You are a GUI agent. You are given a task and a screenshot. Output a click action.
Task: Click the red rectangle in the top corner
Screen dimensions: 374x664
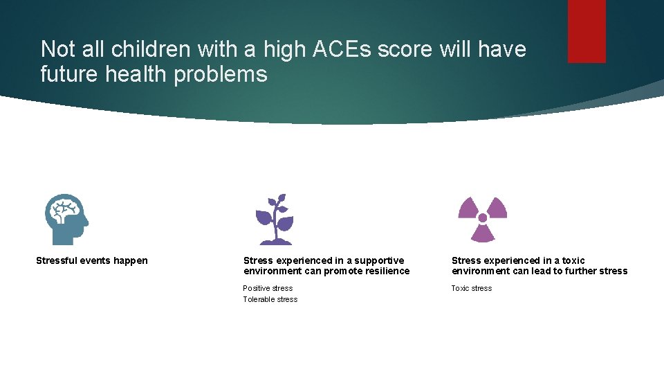[587, 30]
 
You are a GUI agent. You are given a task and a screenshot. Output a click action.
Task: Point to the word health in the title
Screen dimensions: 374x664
[136, 73]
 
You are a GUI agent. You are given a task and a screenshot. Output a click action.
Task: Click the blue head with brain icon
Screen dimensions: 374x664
[66, 219]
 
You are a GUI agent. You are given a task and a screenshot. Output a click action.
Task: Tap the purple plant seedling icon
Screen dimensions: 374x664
[275, 219]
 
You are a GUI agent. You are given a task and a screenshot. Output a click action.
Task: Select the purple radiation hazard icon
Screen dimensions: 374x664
[483, 219]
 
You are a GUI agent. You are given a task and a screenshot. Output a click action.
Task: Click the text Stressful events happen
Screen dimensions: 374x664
[92, 260]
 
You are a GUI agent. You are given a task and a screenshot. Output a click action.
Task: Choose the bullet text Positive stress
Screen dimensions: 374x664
[268, 288]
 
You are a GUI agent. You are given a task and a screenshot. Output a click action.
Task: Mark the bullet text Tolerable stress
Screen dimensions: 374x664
[270, 299]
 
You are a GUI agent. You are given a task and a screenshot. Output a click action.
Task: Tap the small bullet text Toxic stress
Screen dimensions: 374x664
[472, 288]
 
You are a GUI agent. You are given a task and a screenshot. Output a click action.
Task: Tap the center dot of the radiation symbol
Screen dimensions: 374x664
[483, 218]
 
